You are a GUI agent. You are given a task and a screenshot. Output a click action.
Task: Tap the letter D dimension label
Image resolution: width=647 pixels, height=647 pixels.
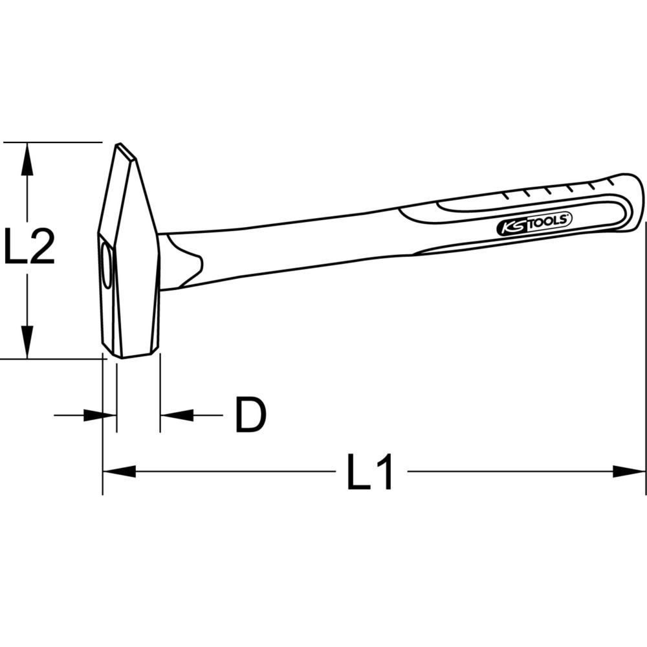coord(250,415)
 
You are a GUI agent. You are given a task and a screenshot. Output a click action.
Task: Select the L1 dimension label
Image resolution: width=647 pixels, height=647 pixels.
coord(370,472)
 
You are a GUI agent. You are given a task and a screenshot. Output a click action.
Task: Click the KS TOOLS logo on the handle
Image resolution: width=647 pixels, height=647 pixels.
coord(534,224)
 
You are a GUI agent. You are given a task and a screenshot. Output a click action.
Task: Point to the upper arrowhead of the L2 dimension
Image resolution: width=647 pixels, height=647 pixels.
coord(27,159)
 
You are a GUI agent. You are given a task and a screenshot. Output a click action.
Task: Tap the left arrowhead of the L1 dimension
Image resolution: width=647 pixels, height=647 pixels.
coord(119,472)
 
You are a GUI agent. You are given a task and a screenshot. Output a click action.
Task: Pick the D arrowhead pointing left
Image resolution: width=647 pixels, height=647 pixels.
coord(177,415)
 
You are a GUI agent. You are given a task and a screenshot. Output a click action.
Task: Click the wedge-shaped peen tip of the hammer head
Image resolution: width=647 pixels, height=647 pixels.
coord(126,153)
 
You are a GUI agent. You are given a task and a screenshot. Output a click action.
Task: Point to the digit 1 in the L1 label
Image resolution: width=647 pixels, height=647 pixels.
coord(384,472)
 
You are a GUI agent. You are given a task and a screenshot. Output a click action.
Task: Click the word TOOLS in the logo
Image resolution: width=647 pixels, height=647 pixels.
coord(550,221)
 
